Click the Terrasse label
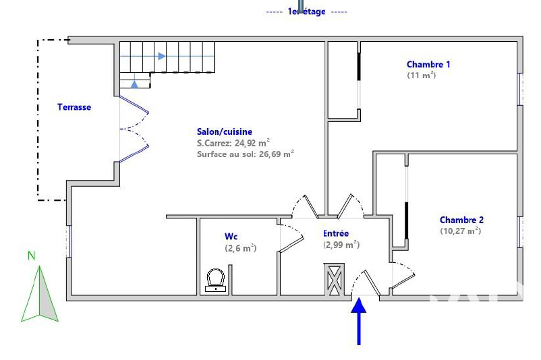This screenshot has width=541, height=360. coord(74,107)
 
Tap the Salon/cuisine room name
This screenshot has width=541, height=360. coord(224,131)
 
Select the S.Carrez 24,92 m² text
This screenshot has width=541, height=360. coord(233,143)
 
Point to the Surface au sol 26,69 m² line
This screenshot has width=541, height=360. coord(246,154)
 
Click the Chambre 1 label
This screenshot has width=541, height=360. coord(428,65)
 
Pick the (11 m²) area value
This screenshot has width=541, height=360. coord(422,76)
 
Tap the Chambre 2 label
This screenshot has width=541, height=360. coord(461,220)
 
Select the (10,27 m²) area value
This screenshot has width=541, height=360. coord(460,231)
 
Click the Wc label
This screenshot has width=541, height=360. coord(231,237)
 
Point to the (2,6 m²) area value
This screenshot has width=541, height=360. coord(241,248)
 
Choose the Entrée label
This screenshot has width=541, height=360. coord(336,233)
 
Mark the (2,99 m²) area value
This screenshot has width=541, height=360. coord(341,245)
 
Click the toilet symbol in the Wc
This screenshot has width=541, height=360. coord(216,280)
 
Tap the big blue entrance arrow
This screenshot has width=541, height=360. coord(359,322)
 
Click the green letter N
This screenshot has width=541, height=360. coord(32,256)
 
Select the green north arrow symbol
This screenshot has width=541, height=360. coord(40,293)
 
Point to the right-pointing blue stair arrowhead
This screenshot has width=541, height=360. coord(161,56)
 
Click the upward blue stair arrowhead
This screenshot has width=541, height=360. coord(134,84)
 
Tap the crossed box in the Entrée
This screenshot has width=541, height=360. coord(334,279)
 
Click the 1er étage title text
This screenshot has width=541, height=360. coord(306,11)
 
